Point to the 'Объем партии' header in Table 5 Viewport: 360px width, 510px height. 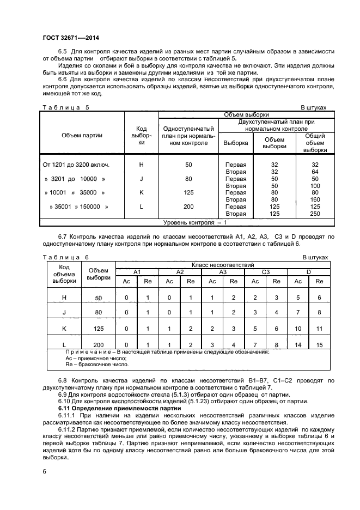82,135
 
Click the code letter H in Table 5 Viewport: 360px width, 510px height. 142,164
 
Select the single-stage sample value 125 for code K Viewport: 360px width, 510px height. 188,192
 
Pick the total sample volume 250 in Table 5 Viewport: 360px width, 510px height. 315,214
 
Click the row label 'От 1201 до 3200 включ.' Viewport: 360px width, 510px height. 76,164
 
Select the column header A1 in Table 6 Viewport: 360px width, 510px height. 137,271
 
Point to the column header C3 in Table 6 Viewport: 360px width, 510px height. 265,271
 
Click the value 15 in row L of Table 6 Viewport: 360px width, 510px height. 319,345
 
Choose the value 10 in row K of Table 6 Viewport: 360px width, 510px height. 298,329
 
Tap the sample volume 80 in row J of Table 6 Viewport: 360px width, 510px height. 99,313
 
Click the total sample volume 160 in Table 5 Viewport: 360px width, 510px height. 315,199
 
